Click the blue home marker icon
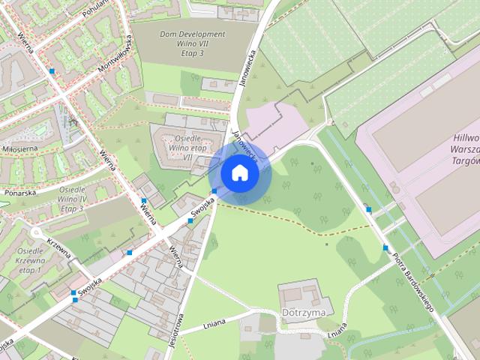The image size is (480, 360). click(239, 172)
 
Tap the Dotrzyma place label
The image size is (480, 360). click(303, 311)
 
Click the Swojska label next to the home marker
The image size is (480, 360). click(198, 210)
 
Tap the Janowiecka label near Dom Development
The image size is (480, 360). click(247, 69)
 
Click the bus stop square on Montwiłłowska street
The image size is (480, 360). click(52, 70)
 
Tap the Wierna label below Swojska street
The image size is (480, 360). click(177, 259)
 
